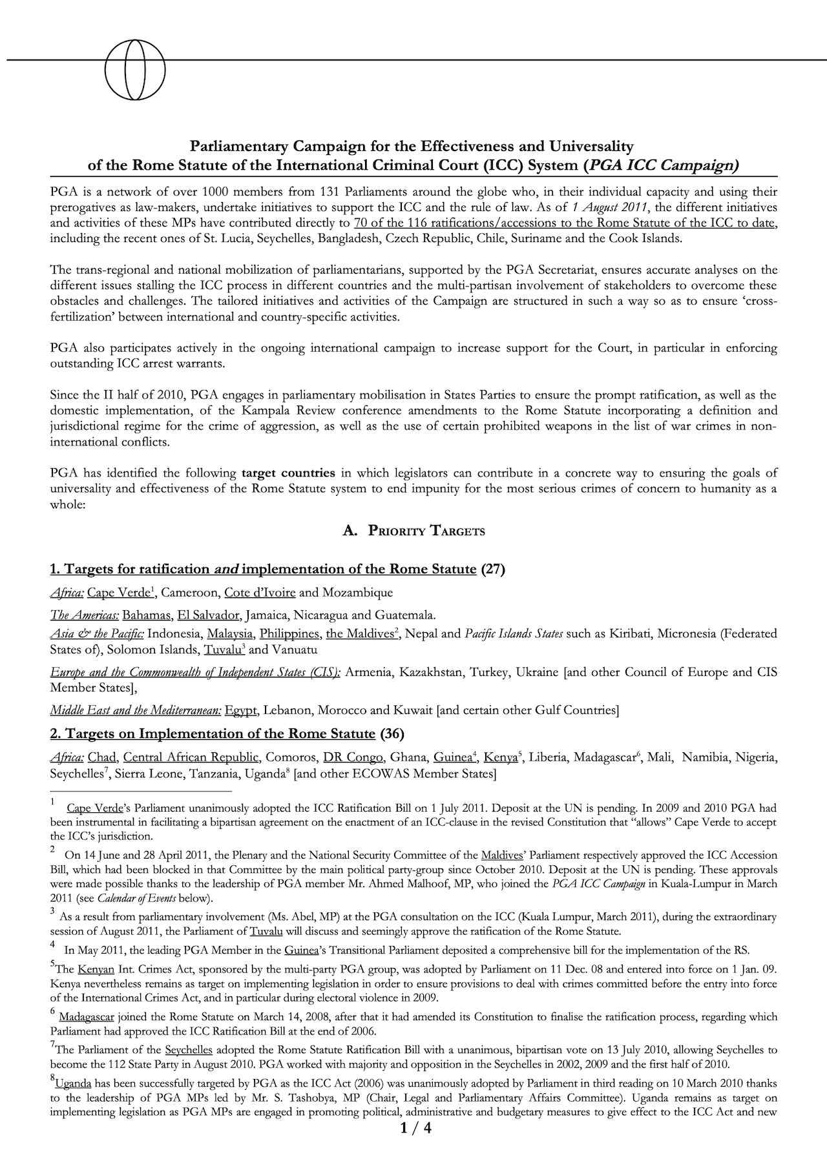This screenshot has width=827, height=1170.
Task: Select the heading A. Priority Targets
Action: click(413, 531)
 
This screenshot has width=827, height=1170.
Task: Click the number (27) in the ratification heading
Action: click(493, 569)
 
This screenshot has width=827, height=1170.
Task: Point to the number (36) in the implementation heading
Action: click(392, 734)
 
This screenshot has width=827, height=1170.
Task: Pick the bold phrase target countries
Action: click(288, 473)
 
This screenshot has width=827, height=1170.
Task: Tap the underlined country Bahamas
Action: click(147, 615)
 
